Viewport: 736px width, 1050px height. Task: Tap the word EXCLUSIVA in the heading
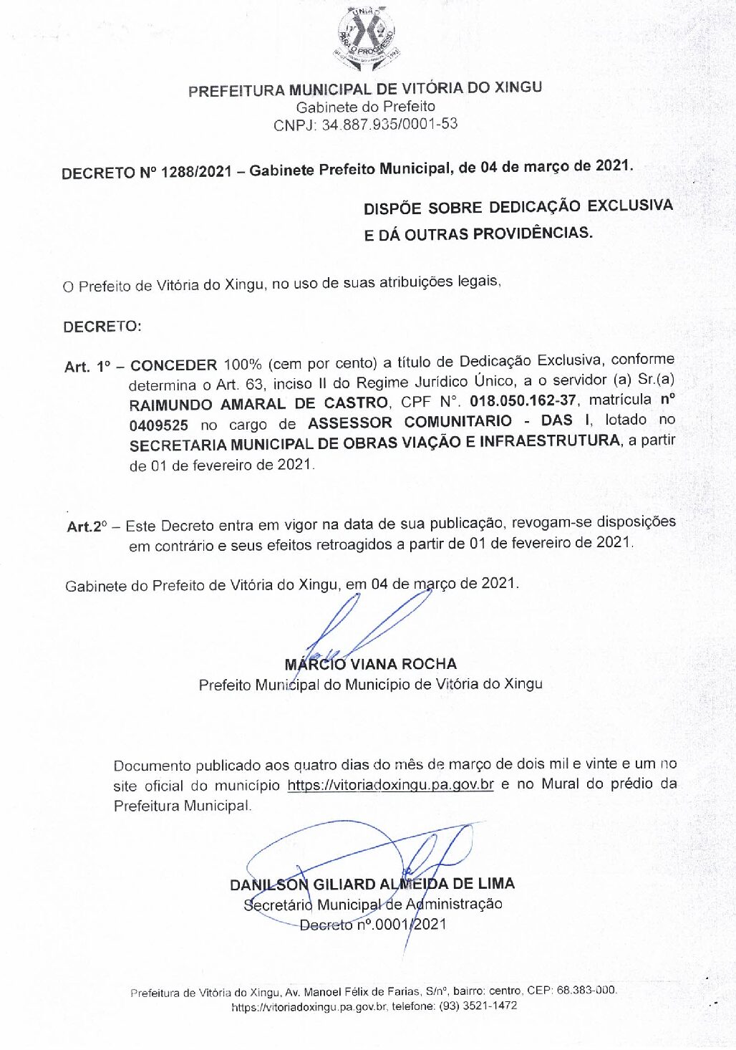[629, 206]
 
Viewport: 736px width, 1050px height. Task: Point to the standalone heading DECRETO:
[102, 327]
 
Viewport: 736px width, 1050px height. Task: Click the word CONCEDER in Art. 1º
[173, 365]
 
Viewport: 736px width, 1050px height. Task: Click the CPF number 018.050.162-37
[522, 400]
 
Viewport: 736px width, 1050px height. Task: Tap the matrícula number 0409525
[158, 425]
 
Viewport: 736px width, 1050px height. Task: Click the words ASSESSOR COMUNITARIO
[410, 422]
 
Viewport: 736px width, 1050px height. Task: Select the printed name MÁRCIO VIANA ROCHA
[370, 664]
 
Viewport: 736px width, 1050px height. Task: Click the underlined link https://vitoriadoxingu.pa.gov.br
[390, 784]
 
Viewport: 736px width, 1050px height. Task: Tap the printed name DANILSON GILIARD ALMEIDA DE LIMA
[372, 885]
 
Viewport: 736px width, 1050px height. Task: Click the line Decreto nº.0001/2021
[373, 925]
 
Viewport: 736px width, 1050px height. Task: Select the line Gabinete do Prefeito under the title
[365, 107]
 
